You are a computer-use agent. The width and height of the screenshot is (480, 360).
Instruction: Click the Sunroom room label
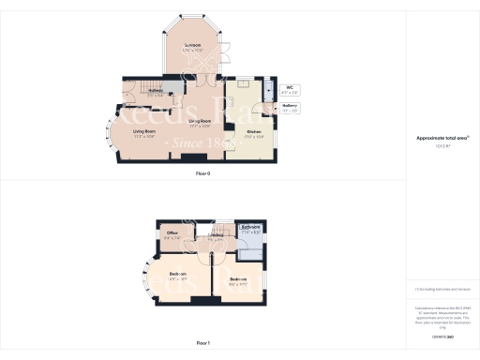(x=193, y=46)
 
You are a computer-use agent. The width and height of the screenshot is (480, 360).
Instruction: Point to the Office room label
(x=172, y=234)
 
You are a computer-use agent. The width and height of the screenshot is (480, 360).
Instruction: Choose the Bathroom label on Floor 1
(x=250, y=228)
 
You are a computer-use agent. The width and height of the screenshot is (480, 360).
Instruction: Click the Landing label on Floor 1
(x=216, y=236)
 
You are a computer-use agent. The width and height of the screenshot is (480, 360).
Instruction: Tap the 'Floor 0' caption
(x=202, y=174)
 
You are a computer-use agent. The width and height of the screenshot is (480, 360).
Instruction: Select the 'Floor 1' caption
(x=202, y=344)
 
